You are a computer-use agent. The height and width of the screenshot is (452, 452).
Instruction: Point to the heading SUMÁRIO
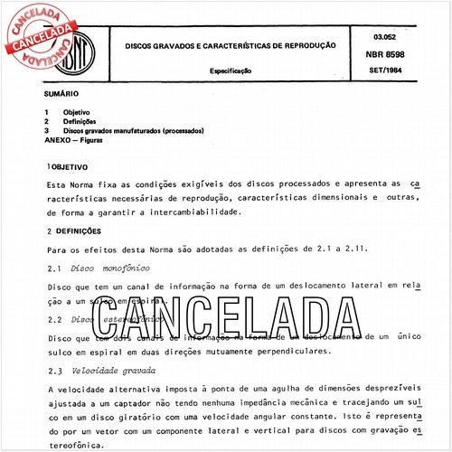coord(61,94)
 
